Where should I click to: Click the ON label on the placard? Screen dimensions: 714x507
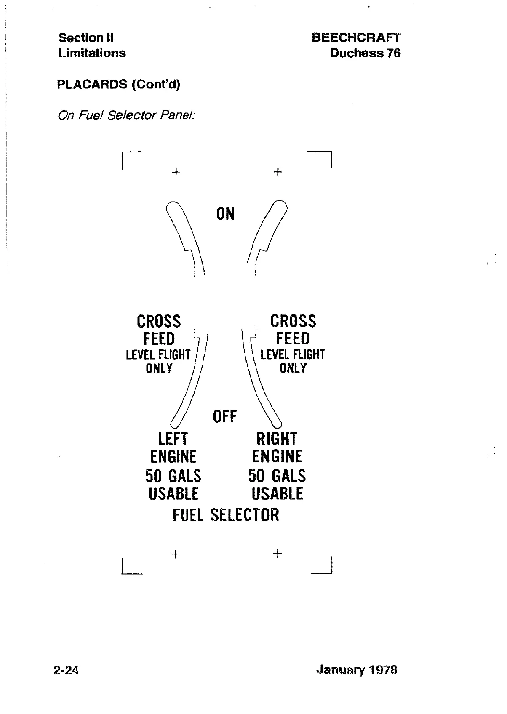[225, 214]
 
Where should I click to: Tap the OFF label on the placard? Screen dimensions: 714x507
[225, 417]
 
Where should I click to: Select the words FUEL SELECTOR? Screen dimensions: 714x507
[226, 515]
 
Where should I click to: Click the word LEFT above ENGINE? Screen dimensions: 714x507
[173, 439]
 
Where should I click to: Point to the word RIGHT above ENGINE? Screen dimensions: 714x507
[277, 439]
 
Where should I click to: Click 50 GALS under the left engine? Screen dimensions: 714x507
[173, 476]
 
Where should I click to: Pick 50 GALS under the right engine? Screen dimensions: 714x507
[277, 476]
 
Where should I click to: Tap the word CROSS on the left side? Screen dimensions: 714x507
[159, 322]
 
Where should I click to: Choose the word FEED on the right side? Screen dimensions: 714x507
[293, 338]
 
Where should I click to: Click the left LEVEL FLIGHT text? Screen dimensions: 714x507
[158, 355]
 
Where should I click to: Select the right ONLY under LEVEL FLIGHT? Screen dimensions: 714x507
[293, 368]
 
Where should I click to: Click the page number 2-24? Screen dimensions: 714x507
[66, 670]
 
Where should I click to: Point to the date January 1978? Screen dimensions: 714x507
[356, 669]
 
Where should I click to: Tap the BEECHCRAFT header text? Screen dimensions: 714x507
[356, 37]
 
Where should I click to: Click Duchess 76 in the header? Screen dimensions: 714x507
[365, 53]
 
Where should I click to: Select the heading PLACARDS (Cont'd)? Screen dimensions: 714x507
[118, 84]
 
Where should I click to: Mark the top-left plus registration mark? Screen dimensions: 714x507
[176, 172]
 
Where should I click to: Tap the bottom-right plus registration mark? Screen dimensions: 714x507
[277, 554]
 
